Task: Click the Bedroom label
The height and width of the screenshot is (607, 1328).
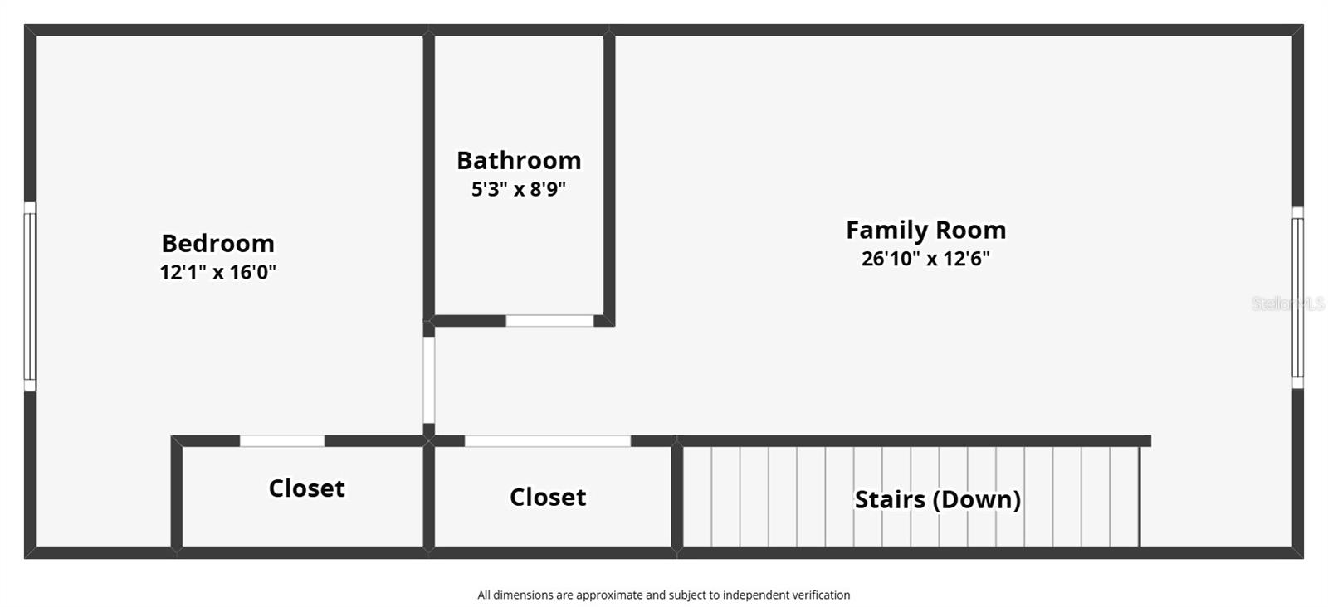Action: (x=217, y=243)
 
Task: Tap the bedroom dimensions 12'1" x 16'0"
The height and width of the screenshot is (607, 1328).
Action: (x=217, y=272)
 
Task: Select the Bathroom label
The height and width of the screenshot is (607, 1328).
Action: (x=519, y=160)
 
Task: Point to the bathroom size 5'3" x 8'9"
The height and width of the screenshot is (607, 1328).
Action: (x=519, y=189)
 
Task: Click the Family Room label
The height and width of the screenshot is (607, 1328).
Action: (x=925, y=230)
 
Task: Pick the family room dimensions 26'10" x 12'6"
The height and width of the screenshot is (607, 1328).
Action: (x=925, y=259)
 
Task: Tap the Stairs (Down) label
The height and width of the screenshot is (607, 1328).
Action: (x=937, y=499)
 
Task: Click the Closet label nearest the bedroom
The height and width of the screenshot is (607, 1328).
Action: (x=306, y=488)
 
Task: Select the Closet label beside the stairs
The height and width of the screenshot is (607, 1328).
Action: (x=548, y=497)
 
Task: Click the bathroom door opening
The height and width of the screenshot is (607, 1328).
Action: (x=549, y=321)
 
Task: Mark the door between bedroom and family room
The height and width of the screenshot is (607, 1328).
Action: (x=429, y=380)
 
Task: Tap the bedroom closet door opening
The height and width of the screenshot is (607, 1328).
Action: (x=282, y=441)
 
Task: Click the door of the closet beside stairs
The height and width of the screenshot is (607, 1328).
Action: (x=548, y=441)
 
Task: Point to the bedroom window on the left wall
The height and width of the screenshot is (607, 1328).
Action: (x=30, y=296)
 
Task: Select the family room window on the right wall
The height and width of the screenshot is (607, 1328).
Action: (x=1297, y=298)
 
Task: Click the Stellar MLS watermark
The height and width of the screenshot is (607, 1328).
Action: (x=1287, y=303)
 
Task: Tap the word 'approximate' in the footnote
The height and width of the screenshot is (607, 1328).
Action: (x=609, y=595)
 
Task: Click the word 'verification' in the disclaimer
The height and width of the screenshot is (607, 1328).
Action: (x=820, y=595)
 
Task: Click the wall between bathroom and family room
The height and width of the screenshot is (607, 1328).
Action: (x=609, y=178)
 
